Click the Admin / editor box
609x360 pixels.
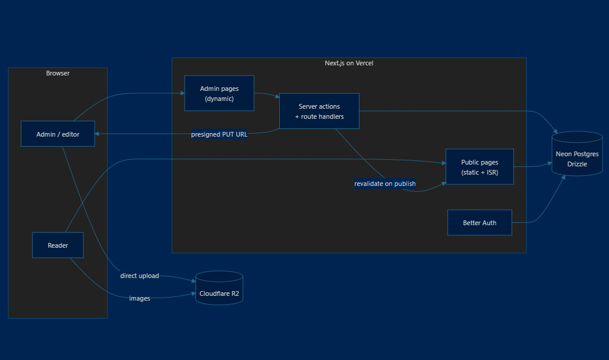(58, 134)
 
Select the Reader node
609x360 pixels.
(58, 245)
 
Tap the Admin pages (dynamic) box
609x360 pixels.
(219, 93)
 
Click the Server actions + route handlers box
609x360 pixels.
(319, 111)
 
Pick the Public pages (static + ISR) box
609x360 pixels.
(479, 166)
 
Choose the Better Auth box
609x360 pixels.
(479, 223)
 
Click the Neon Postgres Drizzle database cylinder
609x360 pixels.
(577, 154)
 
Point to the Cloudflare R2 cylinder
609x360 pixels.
(219, 288)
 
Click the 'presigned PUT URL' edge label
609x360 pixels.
(219, 134)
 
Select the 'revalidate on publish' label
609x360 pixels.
(385, 184)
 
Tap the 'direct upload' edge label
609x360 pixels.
(140, 276)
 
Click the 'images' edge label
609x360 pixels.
(140, 298)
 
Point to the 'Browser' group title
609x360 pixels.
(58, 73)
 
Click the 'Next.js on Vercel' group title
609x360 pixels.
(349, 63)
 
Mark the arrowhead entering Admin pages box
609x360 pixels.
(182, 93)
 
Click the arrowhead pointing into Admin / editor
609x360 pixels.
(97, 134)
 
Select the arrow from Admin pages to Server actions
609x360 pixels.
(267, 94)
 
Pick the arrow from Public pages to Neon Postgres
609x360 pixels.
(533, 166)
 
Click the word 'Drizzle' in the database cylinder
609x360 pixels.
(577, 164)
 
